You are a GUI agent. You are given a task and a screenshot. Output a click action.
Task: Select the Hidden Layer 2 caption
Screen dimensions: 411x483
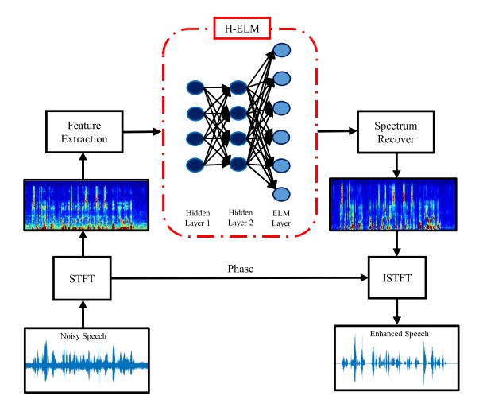coord(239,219)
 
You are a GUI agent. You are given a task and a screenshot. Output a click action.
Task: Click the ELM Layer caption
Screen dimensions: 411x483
coord(282,219)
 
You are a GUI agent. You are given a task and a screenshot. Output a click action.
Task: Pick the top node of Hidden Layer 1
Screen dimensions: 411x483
coord(195,87)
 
